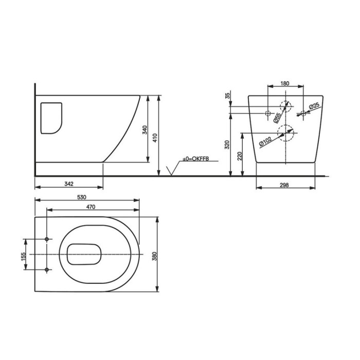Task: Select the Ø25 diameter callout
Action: click(314, 106)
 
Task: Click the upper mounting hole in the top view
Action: click(47, 240)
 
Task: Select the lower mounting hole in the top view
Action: click(47, 269)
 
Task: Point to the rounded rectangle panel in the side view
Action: click(50, 118)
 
